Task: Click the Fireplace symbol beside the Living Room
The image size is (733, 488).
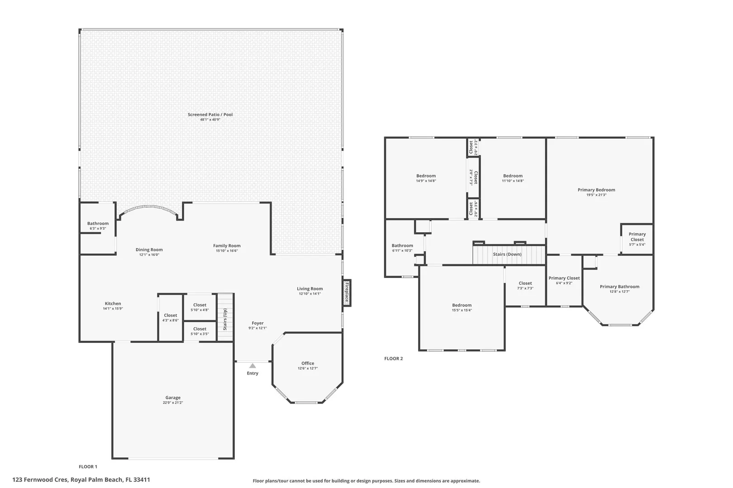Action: (347, 293)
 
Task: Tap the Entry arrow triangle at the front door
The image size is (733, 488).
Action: (252, 366)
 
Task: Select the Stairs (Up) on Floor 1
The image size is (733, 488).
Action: (225, 317)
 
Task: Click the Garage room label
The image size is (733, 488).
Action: (173, 398)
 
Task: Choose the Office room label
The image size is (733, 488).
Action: (308, 363)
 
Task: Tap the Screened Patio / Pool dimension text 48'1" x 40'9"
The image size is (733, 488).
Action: (210, 120)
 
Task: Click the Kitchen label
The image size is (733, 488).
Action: (113, 303)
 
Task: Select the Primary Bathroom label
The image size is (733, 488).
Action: (619, 286)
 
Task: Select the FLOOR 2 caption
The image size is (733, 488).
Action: (393, 359)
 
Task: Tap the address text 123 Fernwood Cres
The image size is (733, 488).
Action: (40, 479)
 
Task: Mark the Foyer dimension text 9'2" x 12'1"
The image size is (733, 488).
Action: (257, 328)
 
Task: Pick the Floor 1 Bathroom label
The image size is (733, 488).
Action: (98, 224)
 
